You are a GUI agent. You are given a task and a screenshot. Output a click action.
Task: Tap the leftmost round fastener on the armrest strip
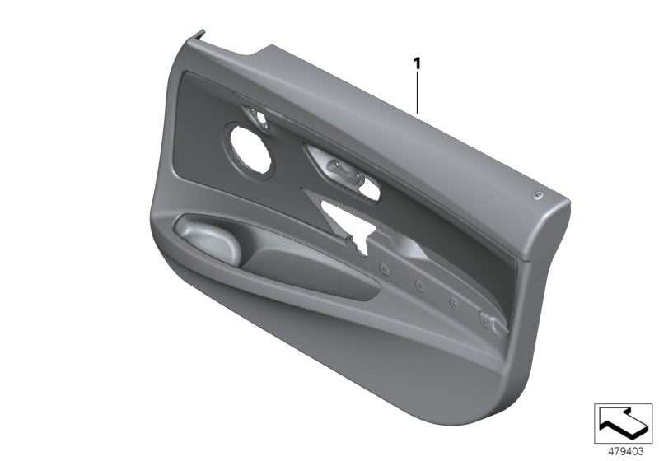tap(384, 268)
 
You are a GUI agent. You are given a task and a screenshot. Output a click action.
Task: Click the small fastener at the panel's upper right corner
tap(537, 194)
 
